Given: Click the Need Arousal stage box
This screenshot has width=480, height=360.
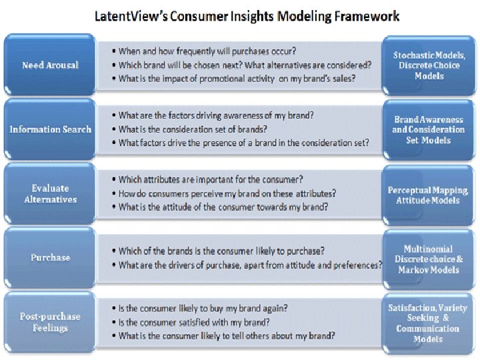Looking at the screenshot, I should [50, 65].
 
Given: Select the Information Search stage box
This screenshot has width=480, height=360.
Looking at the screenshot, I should [50, 129].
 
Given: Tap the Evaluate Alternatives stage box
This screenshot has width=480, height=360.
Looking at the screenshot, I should [50, 194].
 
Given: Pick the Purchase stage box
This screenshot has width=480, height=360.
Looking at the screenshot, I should [50, 257].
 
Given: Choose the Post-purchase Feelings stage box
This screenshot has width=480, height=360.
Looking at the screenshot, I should [50, 323].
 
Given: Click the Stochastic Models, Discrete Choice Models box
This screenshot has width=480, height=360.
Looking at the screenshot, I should [429, 65].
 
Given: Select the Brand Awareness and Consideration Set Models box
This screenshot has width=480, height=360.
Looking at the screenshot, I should [429, 129].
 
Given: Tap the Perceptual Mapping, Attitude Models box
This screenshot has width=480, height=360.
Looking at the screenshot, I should [429, 195].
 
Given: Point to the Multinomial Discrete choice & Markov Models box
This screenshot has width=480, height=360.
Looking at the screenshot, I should [429, 259].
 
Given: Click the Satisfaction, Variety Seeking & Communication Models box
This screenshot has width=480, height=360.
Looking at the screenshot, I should [429, 323].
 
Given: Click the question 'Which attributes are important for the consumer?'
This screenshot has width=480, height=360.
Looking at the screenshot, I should [211, 179].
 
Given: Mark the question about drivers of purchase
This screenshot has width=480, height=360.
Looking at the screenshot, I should [250, 265].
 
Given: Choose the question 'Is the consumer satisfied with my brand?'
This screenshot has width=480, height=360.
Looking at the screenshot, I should [194, 323].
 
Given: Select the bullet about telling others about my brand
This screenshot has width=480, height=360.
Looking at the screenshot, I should [227, 336].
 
